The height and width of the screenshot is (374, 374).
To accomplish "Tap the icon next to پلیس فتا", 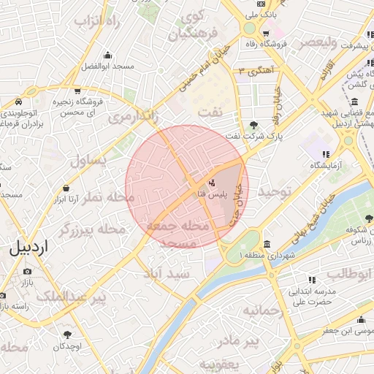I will (213, 183).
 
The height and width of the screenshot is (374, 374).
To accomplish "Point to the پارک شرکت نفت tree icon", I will (253, 124).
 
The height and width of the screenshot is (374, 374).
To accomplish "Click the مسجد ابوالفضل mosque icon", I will (108, 56).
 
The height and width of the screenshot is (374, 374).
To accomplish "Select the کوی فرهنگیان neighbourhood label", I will (195, 26).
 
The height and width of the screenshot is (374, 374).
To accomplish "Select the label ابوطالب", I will (348, 274).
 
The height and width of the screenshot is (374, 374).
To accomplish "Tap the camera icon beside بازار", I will (27, 271).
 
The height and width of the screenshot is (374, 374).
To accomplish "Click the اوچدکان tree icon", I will (67, 334).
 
